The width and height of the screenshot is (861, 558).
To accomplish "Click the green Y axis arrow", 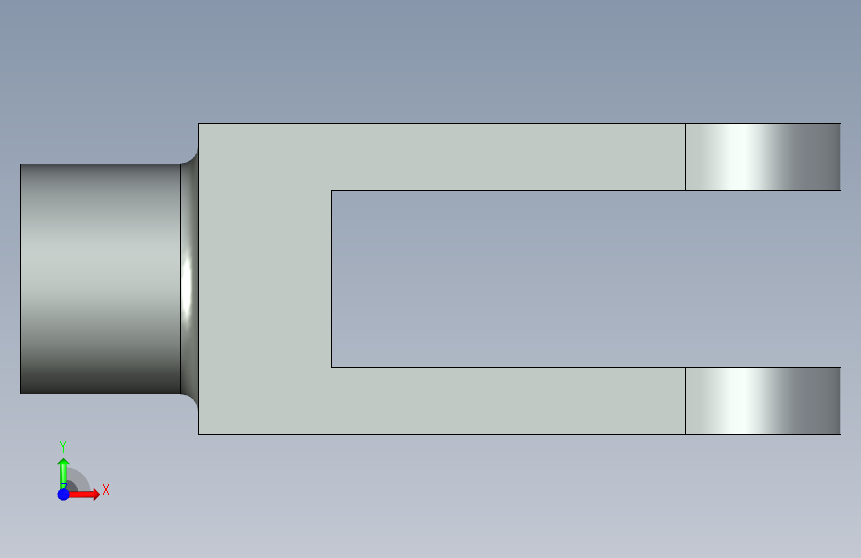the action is pos(63,473).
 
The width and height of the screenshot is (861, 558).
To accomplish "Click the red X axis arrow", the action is pos(82,494).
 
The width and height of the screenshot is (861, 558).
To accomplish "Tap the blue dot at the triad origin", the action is pos(64,494).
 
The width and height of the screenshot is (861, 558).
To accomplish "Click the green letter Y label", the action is pos(63,447).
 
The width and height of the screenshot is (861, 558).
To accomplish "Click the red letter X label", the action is pos(106,489).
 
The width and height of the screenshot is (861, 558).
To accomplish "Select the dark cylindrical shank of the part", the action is pos(100,278).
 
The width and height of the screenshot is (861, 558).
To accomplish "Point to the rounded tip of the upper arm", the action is pos(764,157).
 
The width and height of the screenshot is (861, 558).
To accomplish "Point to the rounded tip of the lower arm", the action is pos(764,401).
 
